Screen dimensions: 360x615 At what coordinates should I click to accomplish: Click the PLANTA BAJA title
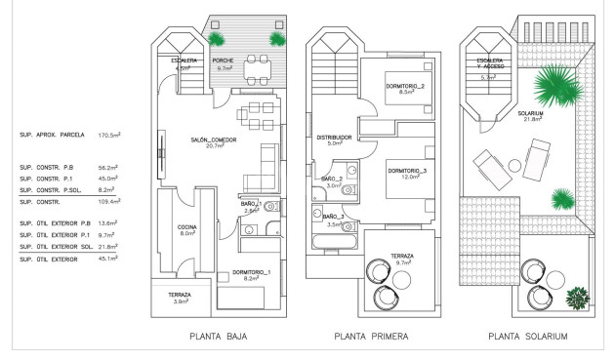[219, 337]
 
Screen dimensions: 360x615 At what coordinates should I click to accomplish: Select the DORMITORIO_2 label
[405, 88]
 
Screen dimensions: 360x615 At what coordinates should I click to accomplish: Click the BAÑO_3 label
[332, 220]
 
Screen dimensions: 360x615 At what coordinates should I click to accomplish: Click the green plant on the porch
[215, 37]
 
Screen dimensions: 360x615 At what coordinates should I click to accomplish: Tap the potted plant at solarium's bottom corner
[576, 297]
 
